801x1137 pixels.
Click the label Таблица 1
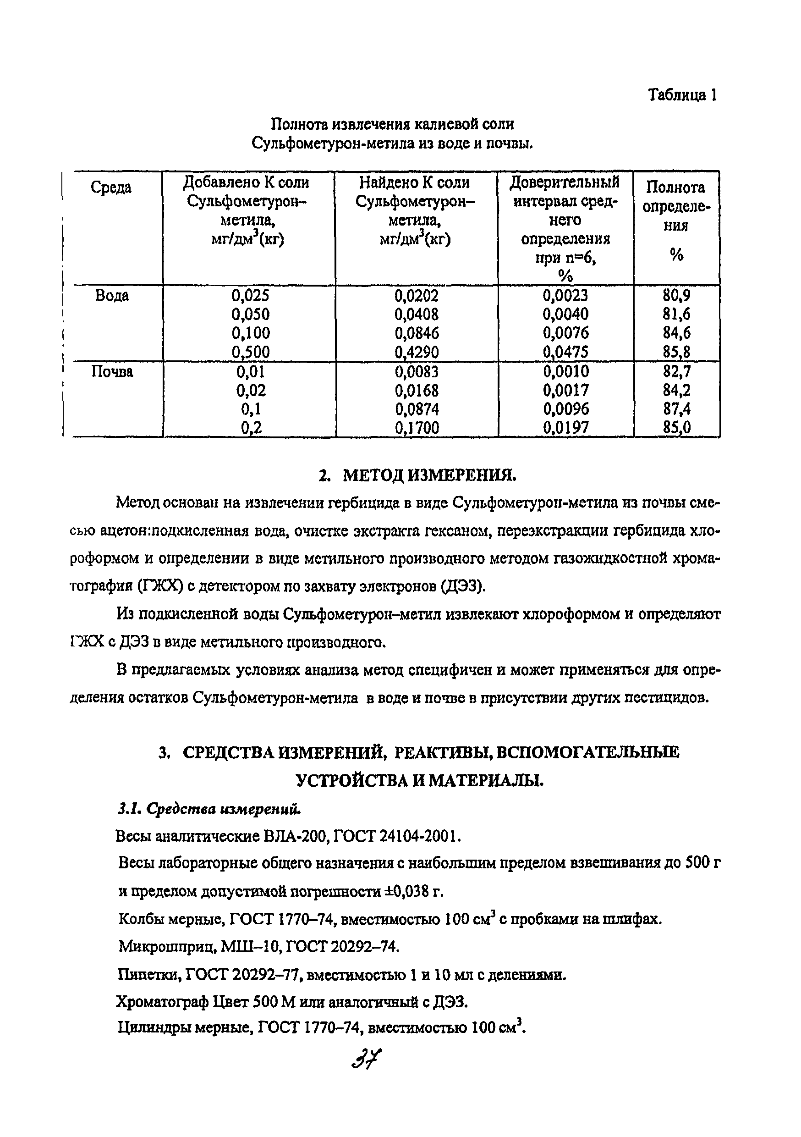point(682,94)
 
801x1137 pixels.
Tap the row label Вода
point(112,296)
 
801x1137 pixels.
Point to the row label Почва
point(112,371)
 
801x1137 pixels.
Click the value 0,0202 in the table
point(417,296)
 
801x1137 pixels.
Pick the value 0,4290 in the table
point(417,352)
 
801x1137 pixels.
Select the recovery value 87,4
point(677,409)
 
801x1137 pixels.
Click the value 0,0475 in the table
point(565,352)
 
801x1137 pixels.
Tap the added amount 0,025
point(251,296)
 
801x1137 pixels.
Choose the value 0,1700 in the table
point(417,428)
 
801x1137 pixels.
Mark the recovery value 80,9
point(677,296)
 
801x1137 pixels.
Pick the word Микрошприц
point(166,947)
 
